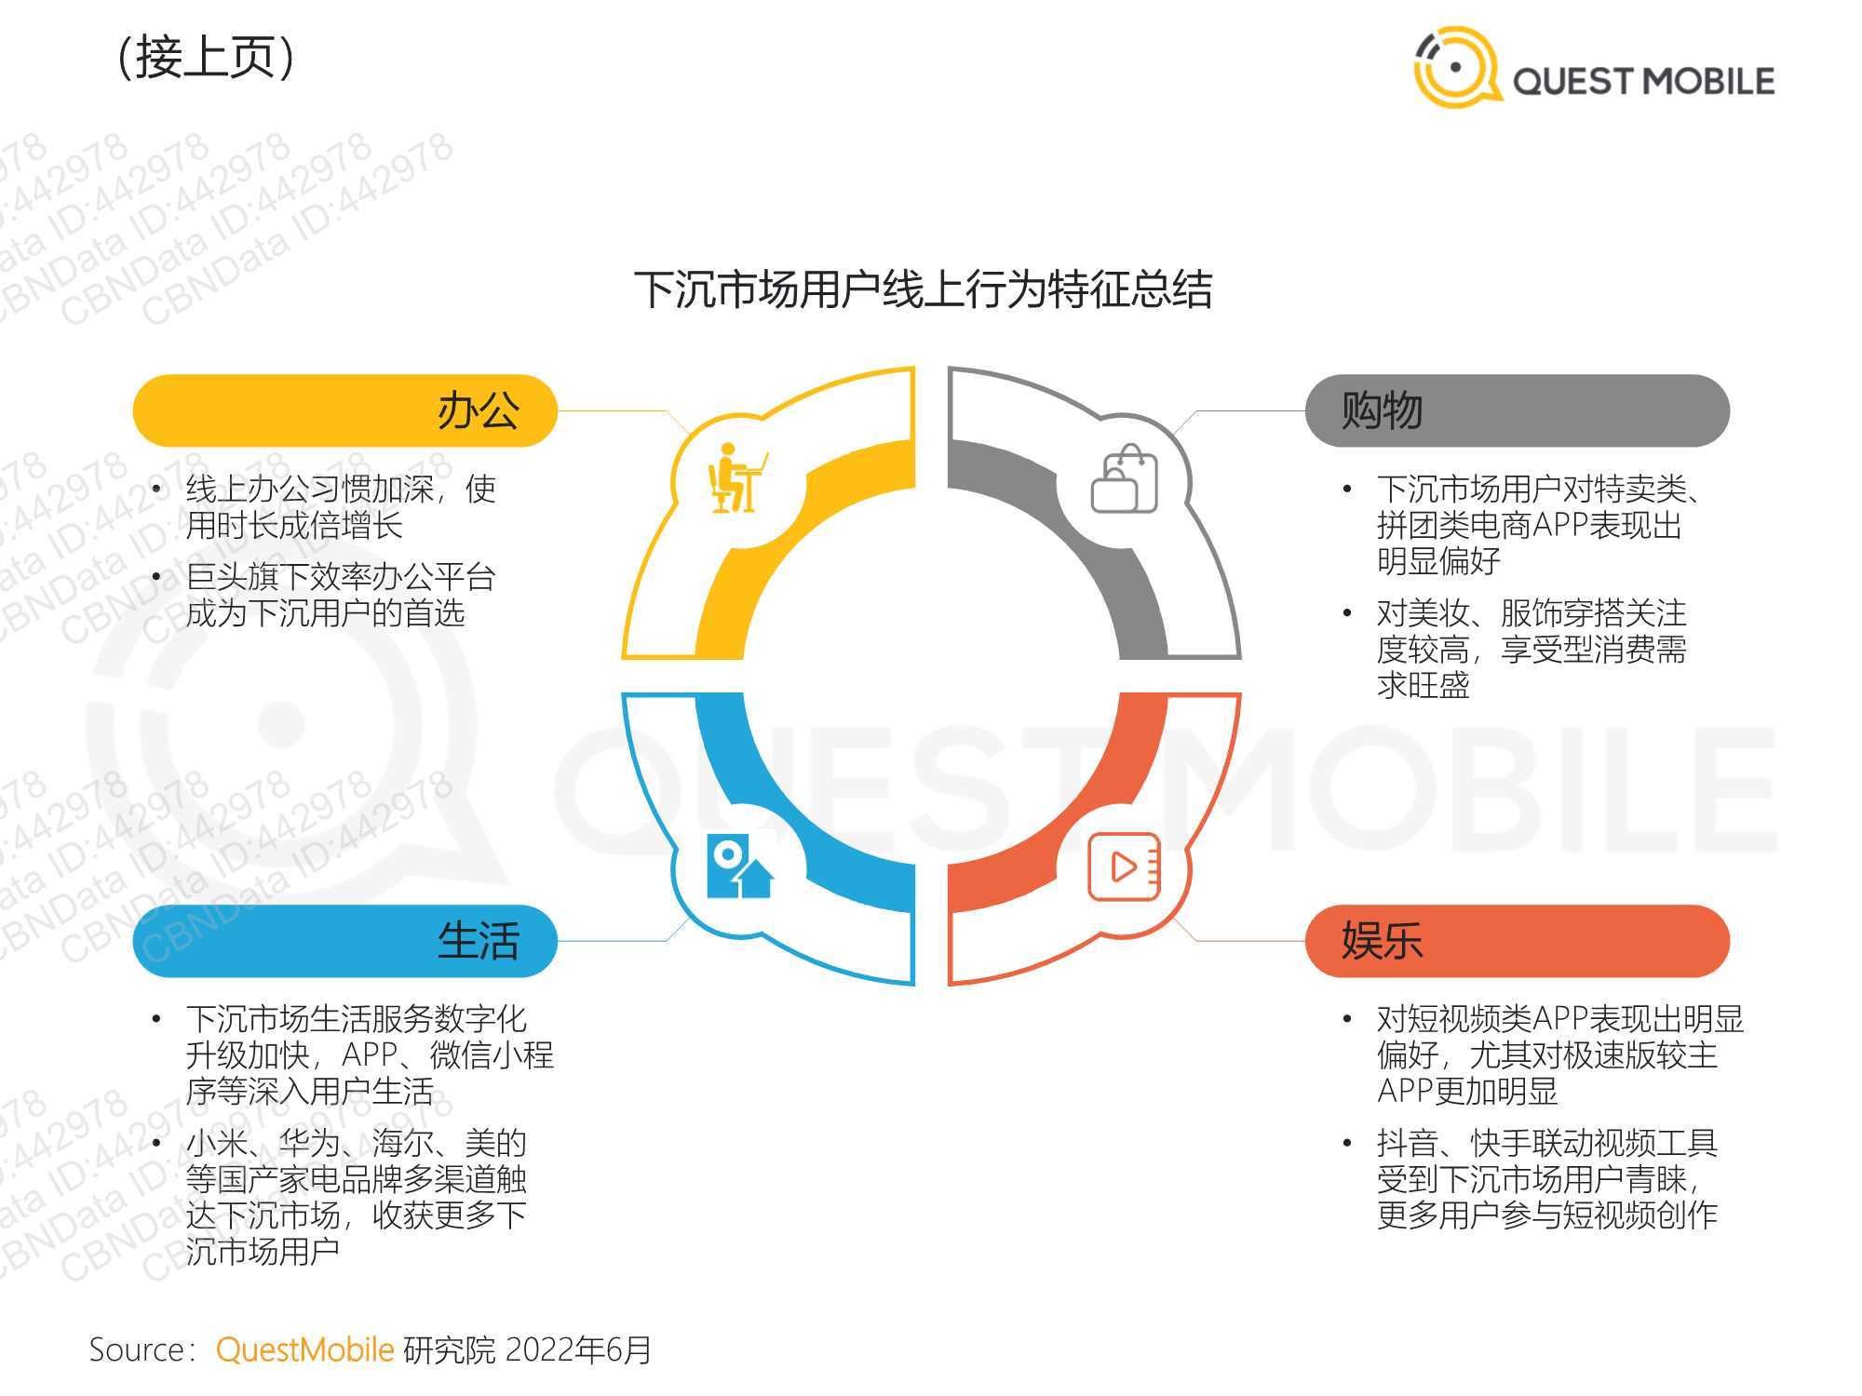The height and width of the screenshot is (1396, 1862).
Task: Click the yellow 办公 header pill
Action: click(345, 410)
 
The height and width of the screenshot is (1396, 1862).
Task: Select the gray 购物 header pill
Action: click(1518, 410)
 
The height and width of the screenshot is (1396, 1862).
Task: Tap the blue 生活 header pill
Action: click(345, 941)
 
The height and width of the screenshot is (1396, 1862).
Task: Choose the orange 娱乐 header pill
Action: click(1518, 941)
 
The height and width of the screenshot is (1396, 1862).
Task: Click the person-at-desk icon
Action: click(738, 477)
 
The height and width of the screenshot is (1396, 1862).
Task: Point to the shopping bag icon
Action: click(1124, 478)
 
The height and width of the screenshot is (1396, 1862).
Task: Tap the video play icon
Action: click(1124, 866)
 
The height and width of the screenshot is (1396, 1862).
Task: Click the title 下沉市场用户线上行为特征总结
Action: click(923, 289)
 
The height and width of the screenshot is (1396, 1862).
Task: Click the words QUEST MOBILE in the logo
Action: click(1643, 81)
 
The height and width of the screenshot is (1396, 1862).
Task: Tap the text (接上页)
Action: click(206, 58)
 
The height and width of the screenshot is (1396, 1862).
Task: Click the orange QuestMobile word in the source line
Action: click(304, 1349)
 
